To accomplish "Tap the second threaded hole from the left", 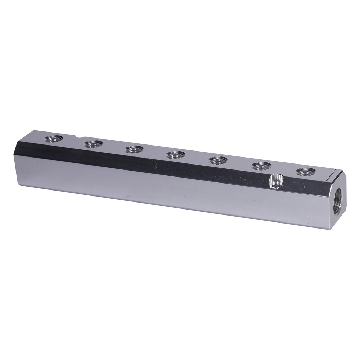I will click(x=94, y=144).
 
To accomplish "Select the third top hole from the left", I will click(x=134, y=149).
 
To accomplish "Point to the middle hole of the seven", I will click(x=176, y=155).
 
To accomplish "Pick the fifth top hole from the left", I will click(x=218, y=161).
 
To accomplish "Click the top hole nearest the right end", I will click(x=305, y=172).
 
